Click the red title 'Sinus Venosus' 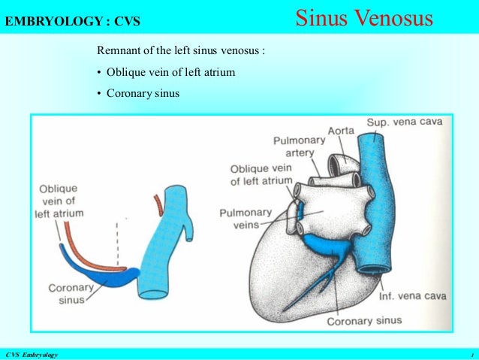[364, 18]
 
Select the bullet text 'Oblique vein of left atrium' [170, 73]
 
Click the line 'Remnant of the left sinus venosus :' [181, 52]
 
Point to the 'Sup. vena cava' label [402, 123]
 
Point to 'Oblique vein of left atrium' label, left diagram [59, 201]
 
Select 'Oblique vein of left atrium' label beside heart [261, 175]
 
